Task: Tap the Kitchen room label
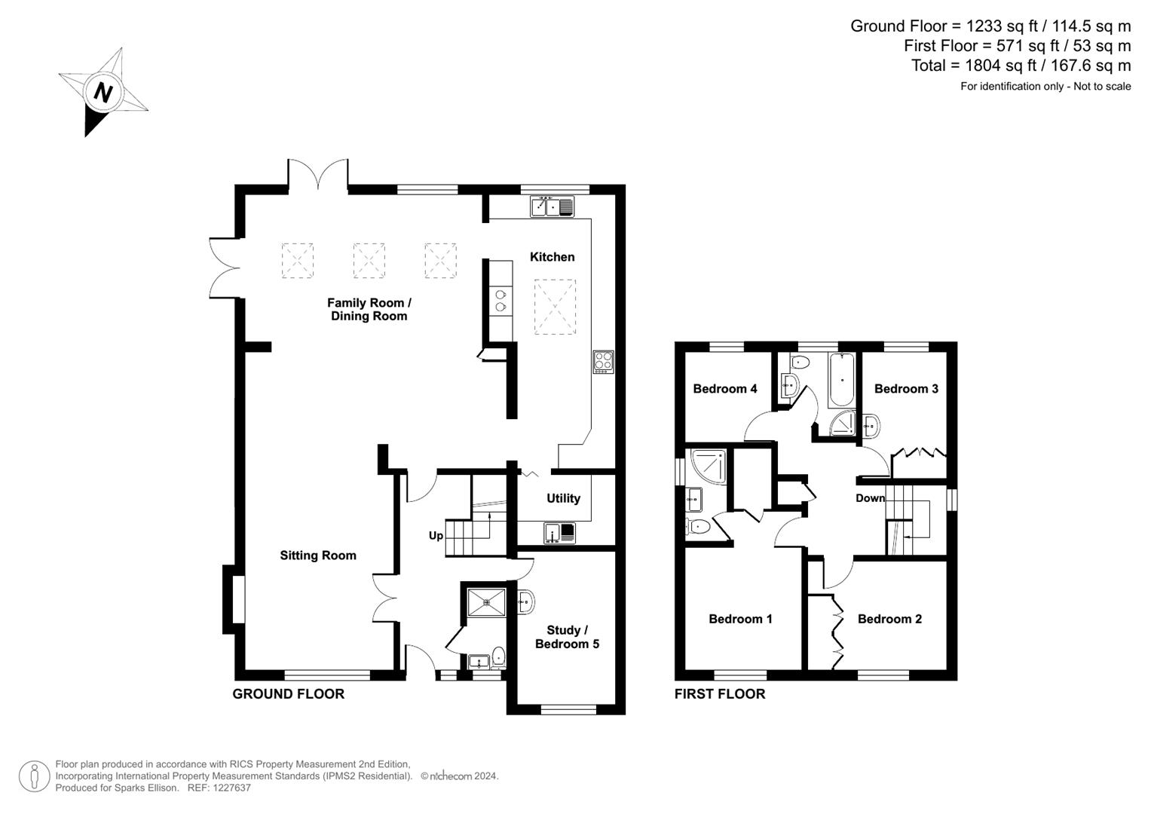pos(552,257)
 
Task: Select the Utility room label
pos(563,498)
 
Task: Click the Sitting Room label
pos(317,555)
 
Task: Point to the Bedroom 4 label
pos(724,388)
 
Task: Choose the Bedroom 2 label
pos(889,619)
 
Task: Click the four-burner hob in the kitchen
pos(603,361)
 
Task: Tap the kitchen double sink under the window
pos(552,207)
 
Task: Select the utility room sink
pos(559,533)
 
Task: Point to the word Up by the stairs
pos(436,536)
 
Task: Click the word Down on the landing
pos(870,498)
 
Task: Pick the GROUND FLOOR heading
pos(288,693)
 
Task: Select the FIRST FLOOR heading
pos(720,693)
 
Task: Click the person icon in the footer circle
pos(35,776)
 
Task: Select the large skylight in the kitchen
pos(555,307)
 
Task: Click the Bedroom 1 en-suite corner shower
pos(708,467)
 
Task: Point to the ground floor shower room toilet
pos(498,657)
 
